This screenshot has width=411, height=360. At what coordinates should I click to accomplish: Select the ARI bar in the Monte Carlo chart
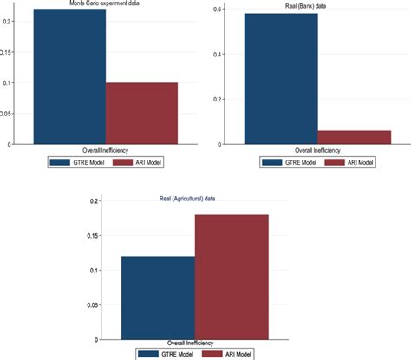(141, 114)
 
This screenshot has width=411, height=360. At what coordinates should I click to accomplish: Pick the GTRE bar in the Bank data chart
(282, 79)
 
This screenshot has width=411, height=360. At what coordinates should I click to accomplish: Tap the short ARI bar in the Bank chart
(355, 137)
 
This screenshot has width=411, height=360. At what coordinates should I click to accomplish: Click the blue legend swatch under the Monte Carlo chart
(61, 160)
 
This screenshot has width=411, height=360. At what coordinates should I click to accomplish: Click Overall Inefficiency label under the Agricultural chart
(195, 343)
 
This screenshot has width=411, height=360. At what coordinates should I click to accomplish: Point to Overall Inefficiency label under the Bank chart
(318, 150)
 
